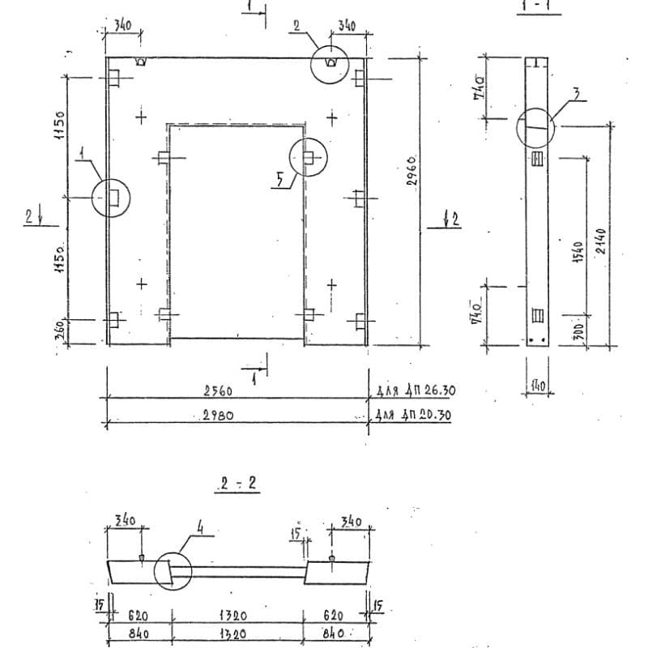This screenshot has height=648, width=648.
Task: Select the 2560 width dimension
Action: [218, 391]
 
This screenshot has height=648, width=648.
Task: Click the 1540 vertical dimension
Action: [578, 250]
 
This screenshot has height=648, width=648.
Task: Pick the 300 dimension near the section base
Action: [578, 332]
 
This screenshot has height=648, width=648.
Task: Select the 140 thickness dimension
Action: [536, 386]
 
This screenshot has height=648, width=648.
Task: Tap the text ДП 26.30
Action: [428, 391]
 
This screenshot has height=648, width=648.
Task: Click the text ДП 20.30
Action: [427, 416]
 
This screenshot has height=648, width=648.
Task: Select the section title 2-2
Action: [234, 485]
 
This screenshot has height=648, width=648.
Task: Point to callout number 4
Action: [199, 530]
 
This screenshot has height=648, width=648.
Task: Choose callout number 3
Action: [576, 95]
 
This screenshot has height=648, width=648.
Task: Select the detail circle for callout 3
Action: [535, 126]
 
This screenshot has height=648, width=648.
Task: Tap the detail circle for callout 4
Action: [173, 570]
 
